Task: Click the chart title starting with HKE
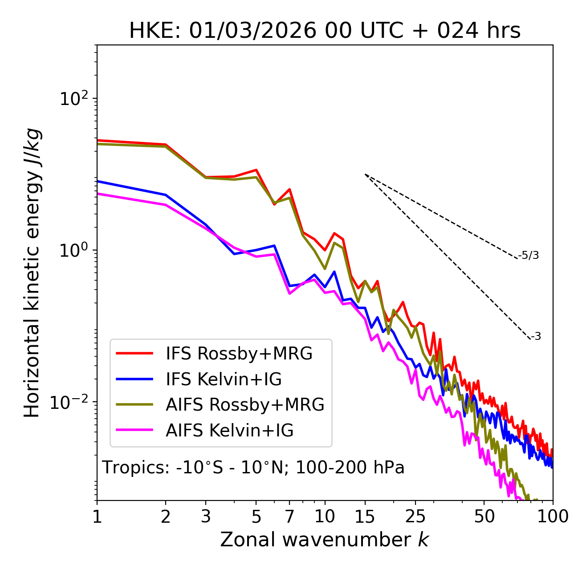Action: (x=325, y=31)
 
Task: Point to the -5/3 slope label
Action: (x=529, y=255)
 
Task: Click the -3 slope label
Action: (x=536, y=336)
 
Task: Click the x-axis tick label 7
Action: (x=289, y=517)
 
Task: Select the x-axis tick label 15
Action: (x=365, y=517)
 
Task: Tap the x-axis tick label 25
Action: (x=415, y=517)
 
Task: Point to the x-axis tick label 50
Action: (x=484, y=517)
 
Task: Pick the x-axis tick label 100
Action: (x=553, y=517)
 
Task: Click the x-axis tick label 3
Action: (x=206, y=517)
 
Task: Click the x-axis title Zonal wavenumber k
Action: (x=324, y=540)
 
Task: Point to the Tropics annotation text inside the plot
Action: (x=253, y=468)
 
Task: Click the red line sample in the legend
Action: (x=134, y=353)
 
